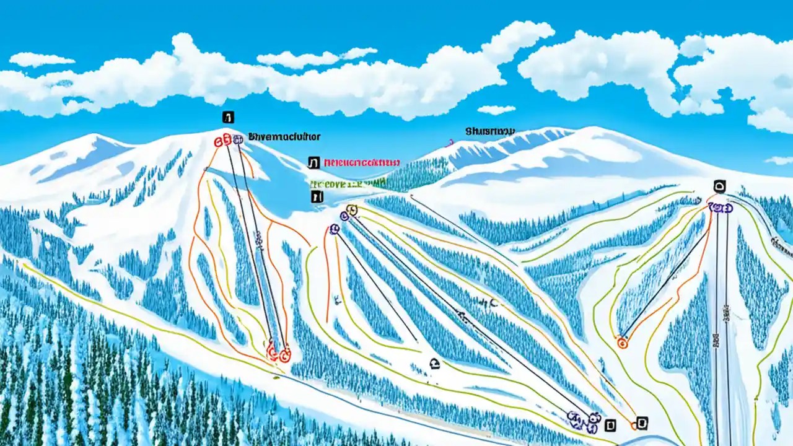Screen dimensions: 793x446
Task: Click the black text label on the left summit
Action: (x=284, y=136)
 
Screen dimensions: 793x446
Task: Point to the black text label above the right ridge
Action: (x=490, y=131)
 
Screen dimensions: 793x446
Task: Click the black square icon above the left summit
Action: (x=228, y=117)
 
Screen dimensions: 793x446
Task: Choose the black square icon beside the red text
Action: (x=313, y=163)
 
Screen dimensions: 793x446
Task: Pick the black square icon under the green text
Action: (x=317, y=197)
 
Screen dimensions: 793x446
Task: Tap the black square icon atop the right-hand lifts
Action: (x=719, y=185)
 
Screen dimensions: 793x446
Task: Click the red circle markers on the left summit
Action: (x=221, y=141)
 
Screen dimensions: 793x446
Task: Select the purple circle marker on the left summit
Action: (x=238, y=139)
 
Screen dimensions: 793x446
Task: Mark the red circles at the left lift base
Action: (x=278, y=354)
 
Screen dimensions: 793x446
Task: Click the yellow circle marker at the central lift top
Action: (x=353, y=211)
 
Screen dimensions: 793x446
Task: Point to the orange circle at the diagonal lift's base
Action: (x=622, y=342)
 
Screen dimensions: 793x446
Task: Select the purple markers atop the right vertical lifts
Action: (x=720, y=208)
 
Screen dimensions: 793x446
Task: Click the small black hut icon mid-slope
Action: (x=434, y=364)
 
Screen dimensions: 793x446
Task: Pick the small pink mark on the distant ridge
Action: (x=451, y=142)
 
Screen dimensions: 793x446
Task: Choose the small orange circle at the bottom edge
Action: (x=634, y=425)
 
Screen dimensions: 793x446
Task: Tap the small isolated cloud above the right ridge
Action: (x=496, y=110)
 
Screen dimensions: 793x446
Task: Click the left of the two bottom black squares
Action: (x=611, y=425)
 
